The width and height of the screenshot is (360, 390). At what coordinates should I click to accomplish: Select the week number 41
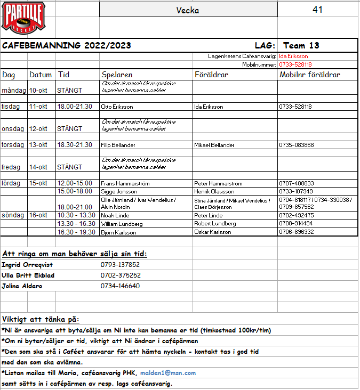317,10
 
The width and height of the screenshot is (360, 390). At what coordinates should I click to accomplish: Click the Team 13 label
301,45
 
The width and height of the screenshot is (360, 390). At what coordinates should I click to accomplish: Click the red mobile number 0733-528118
295,64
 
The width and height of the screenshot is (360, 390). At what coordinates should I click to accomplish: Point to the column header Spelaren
117,75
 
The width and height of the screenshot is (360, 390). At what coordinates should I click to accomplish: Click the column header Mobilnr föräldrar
310,75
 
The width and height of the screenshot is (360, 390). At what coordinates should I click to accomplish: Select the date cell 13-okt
38,145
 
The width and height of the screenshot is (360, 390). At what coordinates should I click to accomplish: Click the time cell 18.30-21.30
75,145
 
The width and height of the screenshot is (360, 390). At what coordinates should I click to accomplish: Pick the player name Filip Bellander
118,145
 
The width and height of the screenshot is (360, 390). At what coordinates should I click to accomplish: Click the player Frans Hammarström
125,183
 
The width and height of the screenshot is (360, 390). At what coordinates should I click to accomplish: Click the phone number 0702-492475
296,215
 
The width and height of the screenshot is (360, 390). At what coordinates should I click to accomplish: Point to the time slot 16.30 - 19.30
76,232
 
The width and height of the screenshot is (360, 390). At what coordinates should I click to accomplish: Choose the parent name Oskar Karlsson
212,232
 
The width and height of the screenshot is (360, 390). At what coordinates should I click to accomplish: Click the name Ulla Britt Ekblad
28,275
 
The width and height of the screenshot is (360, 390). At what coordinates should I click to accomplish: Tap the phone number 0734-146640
121,286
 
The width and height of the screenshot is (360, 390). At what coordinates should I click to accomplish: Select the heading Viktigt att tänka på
41,319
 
